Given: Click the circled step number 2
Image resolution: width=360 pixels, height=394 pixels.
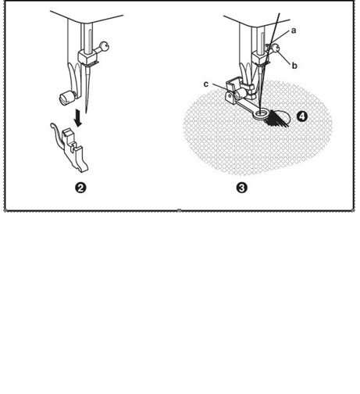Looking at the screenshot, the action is pos(80,188).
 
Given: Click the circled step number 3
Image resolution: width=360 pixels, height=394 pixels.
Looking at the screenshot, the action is pos(242,188).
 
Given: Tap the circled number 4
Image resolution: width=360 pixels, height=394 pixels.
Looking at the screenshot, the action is pos(302,116).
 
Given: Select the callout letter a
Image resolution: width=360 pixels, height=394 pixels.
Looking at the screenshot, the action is pos(294,30).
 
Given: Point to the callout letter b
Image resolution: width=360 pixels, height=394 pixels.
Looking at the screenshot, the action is pos(294,66).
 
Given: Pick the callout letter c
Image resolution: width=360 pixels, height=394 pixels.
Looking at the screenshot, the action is pos(206,84).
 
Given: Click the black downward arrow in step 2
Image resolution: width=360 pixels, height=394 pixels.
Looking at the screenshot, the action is pos(78,118).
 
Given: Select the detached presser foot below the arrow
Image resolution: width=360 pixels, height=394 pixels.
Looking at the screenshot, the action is pos(70,147).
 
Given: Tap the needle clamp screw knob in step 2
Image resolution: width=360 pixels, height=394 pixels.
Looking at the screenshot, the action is pos(105,46).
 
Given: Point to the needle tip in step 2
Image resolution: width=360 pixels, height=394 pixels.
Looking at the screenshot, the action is pos(86,113).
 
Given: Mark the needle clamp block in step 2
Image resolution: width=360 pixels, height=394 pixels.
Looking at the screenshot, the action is pos(87,56).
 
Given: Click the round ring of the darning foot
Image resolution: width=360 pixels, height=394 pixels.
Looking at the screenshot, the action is pos(262,113).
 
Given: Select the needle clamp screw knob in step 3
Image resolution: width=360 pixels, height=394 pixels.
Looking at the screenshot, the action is pos(276,48).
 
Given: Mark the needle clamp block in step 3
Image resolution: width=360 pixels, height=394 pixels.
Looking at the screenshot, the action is pos(260,57).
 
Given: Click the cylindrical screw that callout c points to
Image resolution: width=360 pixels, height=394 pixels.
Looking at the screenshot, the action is pos(240,93).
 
